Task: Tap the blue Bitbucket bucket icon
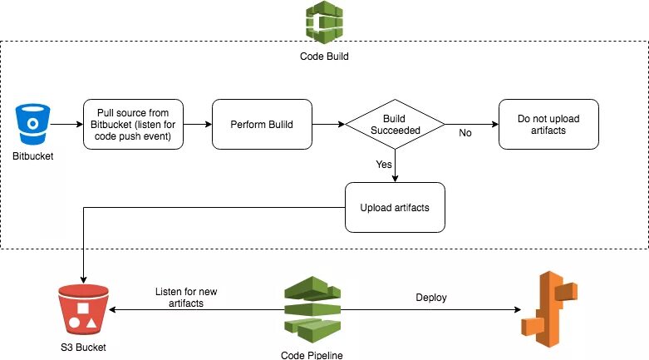32,124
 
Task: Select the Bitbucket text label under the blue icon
32,155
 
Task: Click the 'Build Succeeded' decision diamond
394,125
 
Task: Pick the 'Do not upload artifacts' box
548,125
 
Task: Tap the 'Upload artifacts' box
395,206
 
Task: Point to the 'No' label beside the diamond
465,132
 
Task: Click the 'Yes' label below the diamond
383,165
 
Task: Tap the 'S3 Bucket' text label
82,347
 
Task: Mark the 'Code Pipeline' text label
312,354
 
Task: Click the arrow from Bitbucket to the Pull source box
66,125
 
